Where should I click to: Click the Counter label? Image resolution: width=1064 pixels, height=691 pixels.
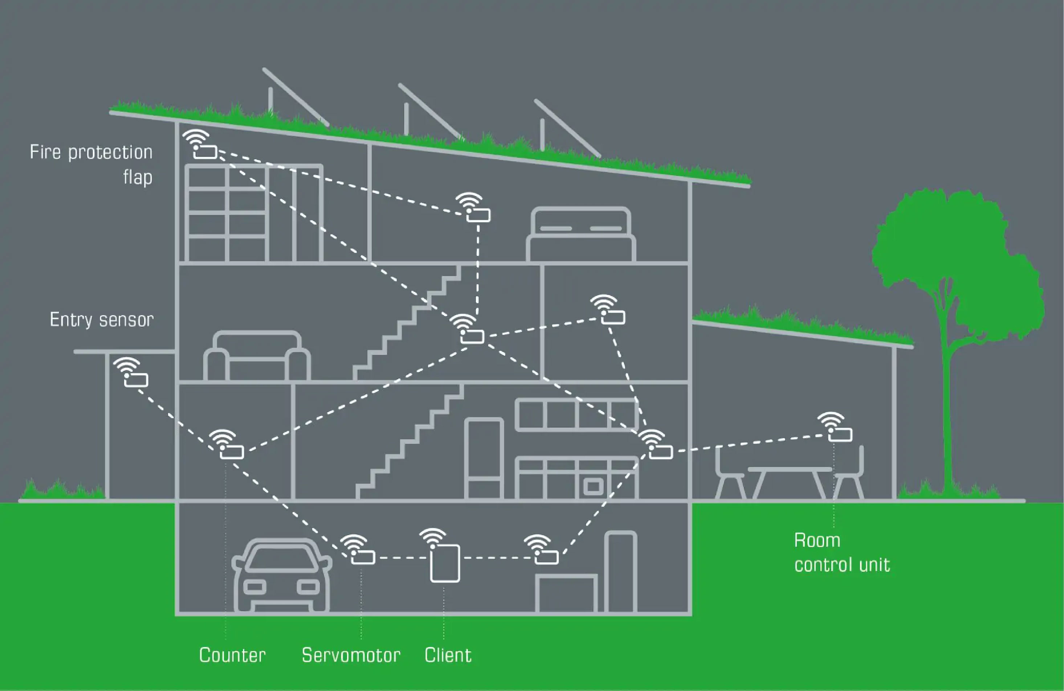232,655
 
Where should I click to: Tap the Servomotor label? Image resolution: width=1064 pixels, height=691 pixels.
351,655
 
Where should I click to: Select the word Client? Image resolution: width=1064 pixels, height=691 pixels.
448,655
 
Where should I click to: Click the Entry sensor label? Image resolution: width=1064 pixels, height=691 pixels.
102,320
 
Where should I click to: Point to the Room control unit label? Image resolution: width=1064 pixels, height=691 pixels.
842,553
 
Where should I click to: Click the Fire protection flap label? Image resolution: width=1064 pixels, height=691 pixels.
91,164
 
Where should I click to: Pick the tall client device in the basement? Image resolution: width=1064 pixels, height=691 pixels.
445,563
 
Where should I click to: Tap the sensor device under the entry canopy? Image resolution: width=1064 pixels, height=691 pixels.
136,380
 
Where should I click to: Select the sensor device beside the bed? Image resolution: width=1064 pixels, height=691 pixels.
478,215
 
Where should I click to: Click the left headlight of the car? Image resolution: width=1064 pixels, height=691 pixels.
254,587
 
